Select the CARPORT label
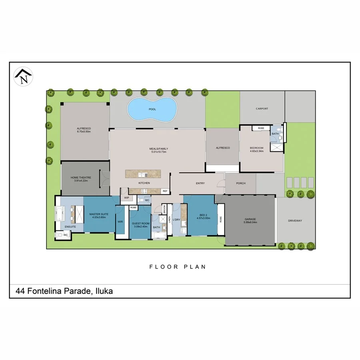[x=262, y=109]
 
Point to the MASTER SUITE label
[x=98, y=216]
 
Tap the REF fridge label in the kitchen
[x=165, y=191]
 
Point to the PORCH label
[x=241, y=184]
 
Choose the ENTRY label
[x=200, y=184]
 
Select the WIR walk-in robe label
[x=120, y=222]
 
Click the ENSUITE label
[x=70, y=227]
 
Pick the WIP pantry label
[x=126, y=198]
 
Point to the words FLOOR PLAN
[x=178, y=267]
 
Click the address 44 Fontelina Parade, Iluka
[x=64, y=291]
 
